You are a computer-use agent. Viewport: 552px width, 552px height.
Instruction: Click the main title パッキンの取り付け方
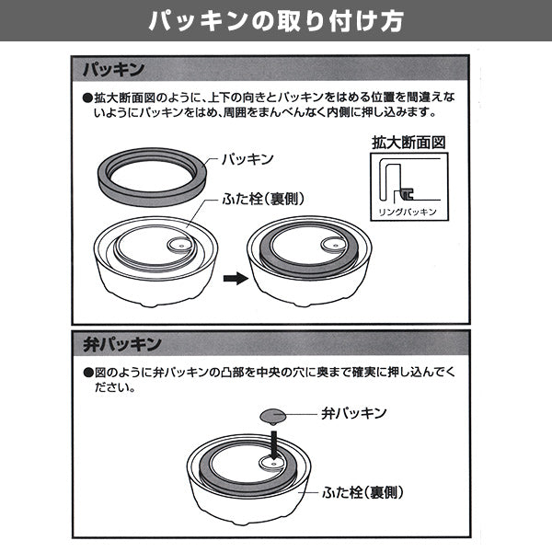click(276, 20)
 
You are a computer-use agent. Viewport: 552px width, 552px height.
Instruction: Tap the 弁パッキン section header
click(117, 344)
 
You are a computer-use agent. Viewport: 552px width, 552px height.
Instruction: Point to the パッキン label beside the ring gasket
click(247, 158)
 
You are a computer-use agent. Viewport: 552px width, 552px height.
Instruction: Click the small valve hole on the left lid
click(181, 247)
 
